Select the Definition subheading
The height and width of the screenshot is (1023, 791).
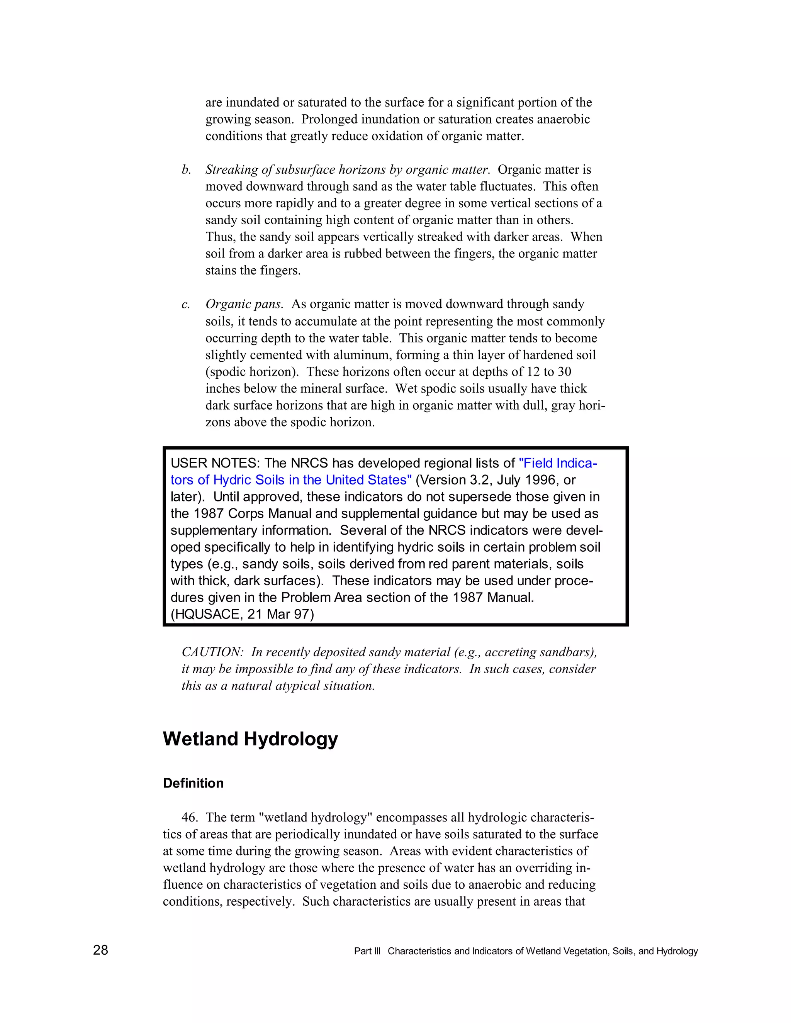[193, 783]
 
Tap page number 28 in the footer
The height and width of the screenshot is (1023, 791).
[100, 950]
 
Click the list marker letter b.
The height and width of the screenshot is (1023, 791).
[186, 169]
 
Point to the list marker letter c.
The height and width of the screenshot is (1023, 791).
[185, 305]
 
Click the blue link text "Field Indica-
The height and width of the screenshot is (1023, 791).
[558, 463]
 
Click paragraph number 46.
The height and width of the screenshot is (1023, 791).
[189, 817]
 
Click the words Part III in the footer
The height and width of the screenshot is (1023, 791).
[367, 951]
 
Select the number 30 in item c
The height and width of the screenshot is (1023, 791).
[564, 372]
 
